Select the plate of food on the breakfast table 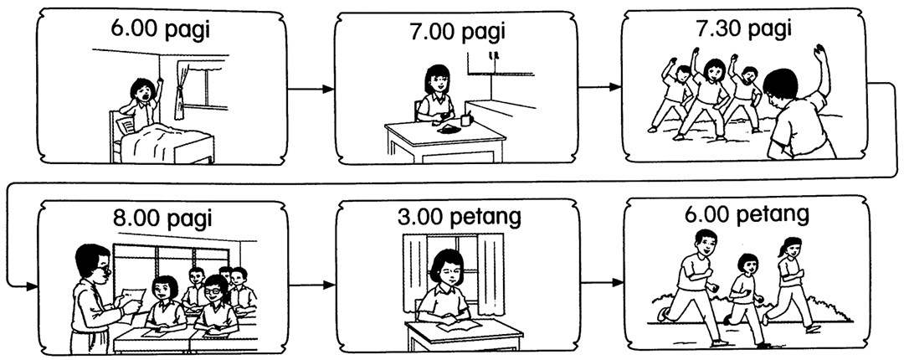(448, 128)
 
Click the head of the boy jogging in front (701, 244)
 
